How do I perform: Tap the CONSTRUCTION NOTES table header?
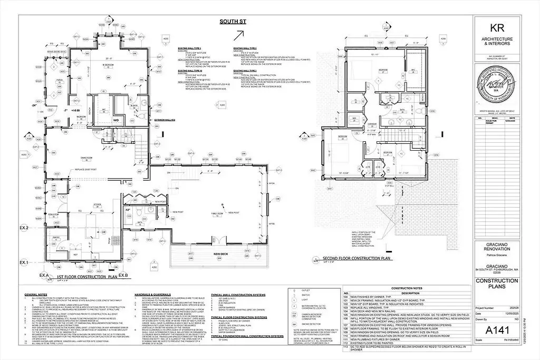click(406, 288)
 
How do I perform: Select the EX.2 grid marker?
click(24, 228)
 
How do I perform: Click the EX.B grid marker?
click(124, 276)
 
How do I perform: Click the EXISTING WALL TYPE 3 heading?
click(246, 70)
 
